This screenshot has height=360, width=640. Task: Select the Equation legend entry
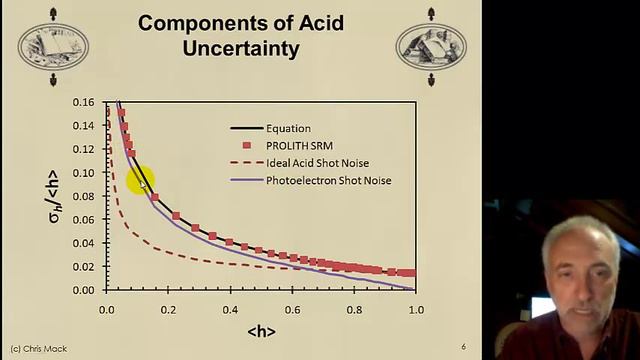click(x=288, y=128)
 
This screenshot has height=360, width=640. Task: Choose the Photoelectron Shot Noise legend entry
click(x=328, y=181)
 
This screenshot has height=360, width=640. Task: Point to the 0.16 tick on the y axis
click(x=85, y=103)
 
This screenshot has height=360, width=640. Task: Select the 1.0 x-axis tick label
click(x=416, y=309)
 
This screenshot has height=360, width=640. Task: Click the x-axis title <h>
click(x=261, y=330)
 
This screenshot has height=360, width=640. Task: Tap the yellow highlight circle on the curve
click(x=140, y=180)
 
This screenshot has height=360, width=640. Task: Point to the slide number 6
click(x=463, y=347)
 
